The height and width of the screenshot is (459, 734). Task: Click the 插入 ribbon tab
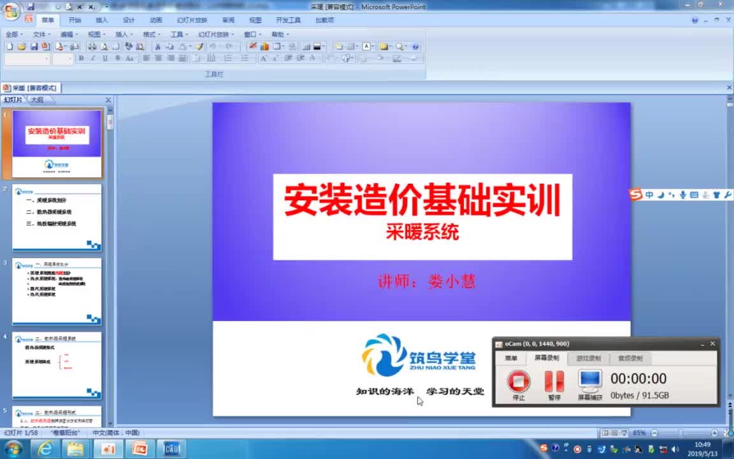102,20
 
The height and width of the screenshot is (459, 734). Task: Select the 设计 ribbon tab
129,20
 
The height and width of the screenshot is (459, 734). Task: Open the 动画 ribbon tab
156,20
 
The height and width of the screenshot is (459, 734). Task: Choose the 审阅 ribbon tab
228,20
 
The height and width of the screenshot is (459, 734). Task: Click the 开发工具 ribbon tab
288,20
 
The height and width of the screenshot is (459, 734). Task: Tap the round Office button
11,11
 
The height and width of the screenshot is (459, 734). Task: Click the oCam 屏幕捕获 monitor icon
590,381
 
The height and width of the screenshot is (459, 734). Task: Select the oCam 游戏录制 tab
587,358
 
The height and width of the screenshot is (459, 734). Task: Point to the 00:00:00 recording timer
638,379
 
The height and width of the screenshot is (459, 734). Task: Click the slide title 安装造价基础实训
422,200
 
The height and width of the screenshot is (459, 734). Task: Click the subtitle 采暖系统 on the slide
422,233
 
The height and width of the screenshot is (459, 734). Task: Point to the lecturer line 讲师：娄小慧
426,281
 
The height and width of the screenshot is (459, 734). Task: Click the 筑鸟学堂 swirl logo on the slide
384,354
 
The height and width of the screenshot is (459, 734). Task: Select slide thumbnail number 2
57,217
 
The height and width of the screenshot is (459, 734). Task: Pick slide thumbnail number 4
57,365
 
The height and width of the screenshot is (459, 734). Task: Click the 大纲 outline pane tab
37,100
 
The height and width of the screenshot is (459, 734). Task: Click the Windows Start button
13,449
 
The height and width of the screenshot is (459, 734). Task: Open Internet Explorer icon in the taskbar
45,449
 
